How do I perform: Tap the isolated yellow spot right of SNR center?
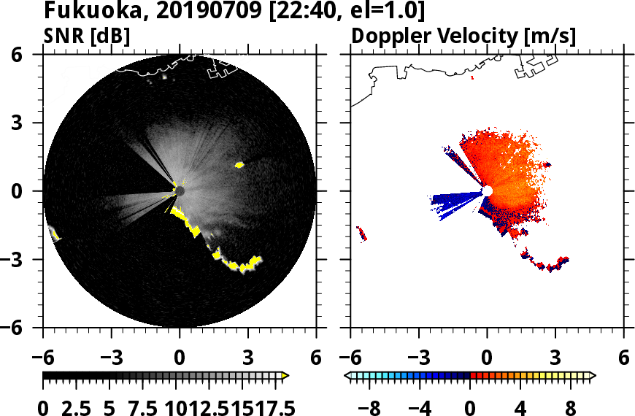[x=239, y=165]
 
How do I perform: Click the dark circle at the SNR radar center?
[x=180, y=190]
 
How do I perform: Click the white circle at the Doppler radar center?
[x=488, y=190]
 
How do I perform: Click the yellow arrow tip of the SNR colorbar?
[x=285, y=376]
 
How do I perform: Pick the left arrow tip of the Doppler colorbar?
[x=347, y=376]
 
